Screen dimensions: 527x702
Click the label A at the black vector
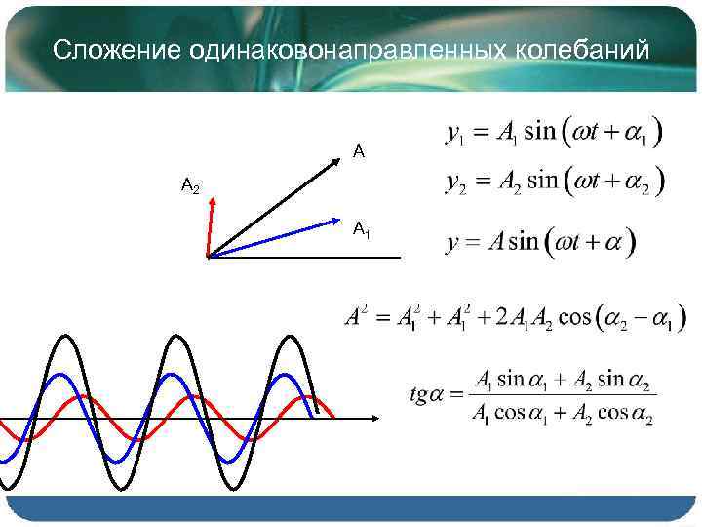(x=359, y=151)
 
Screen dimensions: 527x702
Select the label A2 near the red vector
(x=189, y=184)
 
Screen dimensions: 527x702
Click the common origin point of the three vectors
(x=209, y=257)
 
